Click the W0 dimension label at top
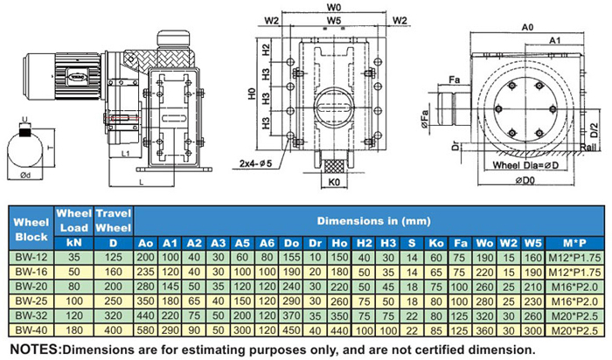(334, 7)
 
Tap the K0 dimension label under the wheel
(334, 182)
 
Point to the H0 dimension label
(252, 93)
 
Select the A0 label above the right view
(527, 27)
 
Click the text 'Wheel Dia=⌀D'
(525, 165)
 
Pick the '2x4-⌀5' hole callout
(255, 163)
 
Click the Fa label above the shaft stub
(455, 80)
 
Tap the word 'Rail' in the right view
(588, 147)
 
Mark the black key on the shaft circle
(25, 133)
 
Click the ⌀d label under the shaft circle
(25, 176)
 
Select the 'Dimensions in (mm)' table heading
(374, 221)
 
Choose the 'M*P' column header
(574, 243)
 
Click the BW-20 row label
(31, 287)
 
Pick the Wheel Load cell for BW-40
(74, 330)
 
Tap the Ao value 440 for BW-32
(146, 316)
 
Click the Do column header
(291, 243)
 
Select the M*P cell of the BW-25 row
(574, 301)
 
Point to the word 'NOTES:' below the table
(36, 350)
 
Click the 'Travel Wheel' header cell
(113, 220)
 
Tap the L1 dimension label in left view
(125, 153)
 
